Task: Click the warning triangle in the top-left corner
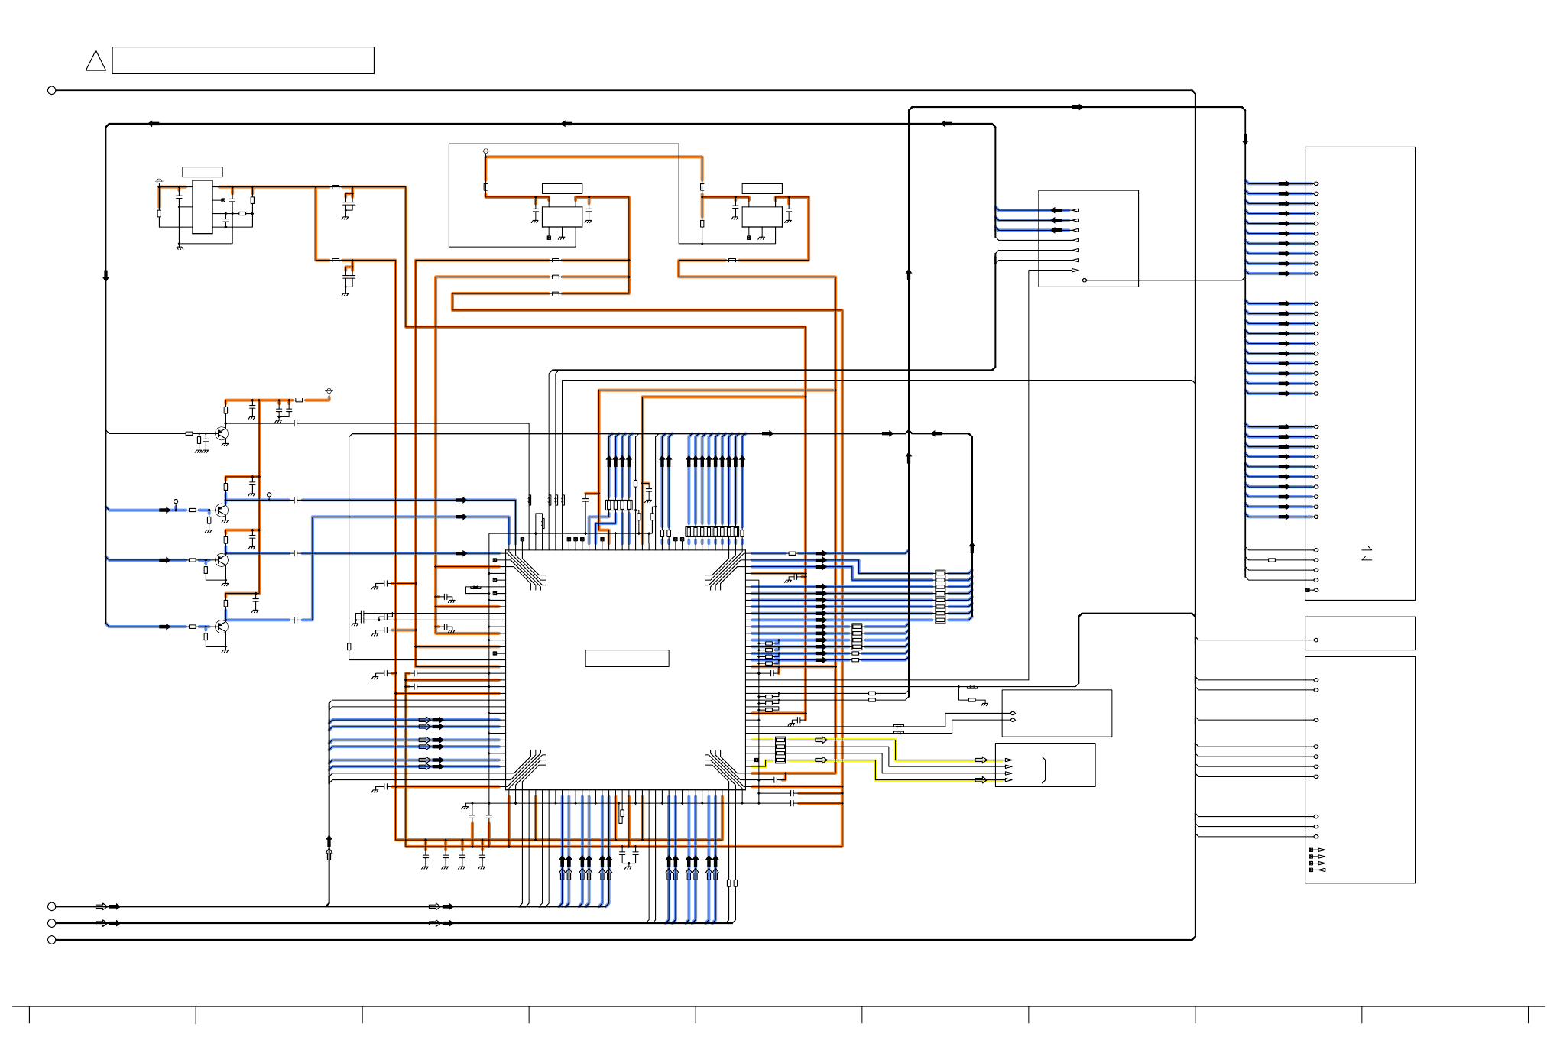click(96, 61)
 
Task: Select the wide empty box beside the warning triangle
click(243, 60)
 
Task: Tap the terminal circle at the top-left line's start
click(52, 90)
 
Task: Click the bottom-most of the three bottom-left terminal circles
click(52, 940)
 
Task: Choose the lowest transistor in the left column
click(222, 627)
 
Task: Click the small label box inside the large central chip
click(627, 658)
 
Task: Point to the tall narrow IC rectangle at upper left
click(203, 206)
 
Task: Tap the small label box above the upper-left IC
click(203, 172)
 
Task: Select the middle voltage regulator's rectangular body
click(562, 216)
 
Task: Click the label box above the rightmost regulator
click(762, 189)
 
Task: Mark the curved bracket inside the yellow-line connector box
click(1043, 769)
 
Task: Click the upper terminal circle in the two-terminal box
click(1013, 714)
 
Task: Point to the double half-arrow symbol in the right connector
click(1367, 554)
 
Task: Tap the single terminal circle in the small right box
click(1316, 640)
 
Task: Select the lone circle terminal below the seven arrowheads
click(1085, 280)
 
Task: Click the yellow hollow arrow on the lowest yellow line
click(981, 780)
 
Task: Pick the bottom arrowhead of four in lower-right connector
click(1322, 870)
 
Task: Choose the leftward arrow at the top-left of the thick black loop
click(154, 124)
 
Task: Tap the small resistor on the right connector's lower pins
click(1272, 560)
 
